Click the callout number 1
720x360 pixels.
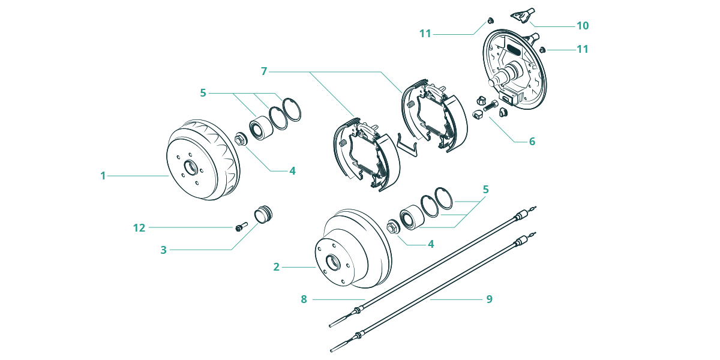click(x=103, y=176)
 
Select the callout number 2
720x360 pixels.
click(x=277, y=267)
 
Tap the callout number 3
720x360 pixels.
click(x=164, y=250)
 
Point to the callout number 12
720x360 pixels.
click(x=139, y=228)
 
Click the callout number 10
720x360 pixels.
click(x=583, y=26)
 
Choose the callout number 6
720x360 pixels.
click(x=532, y=142)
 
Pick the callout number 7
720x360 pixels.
click(x=264, y=71)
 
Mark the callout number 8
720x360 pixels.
click(x=304, y=299)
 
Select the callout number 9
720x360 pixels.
click(x=489, y=299)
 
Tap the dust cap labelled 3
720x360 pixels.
click(x=263, y=214)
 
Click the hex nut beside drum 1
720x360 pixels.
click(x=241, y=139)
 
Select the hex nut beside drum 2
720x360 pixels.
click(x=393, y=227)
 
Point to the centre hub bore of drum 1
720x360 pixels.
click(x=190, y=168)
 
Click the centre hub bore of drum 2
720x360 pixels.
click(x=333, y=263)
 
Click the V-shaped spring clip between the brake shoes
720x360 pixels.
click(x=407, y=145)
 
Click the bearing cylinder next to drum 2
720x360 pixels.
click(x=412, y=217)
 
